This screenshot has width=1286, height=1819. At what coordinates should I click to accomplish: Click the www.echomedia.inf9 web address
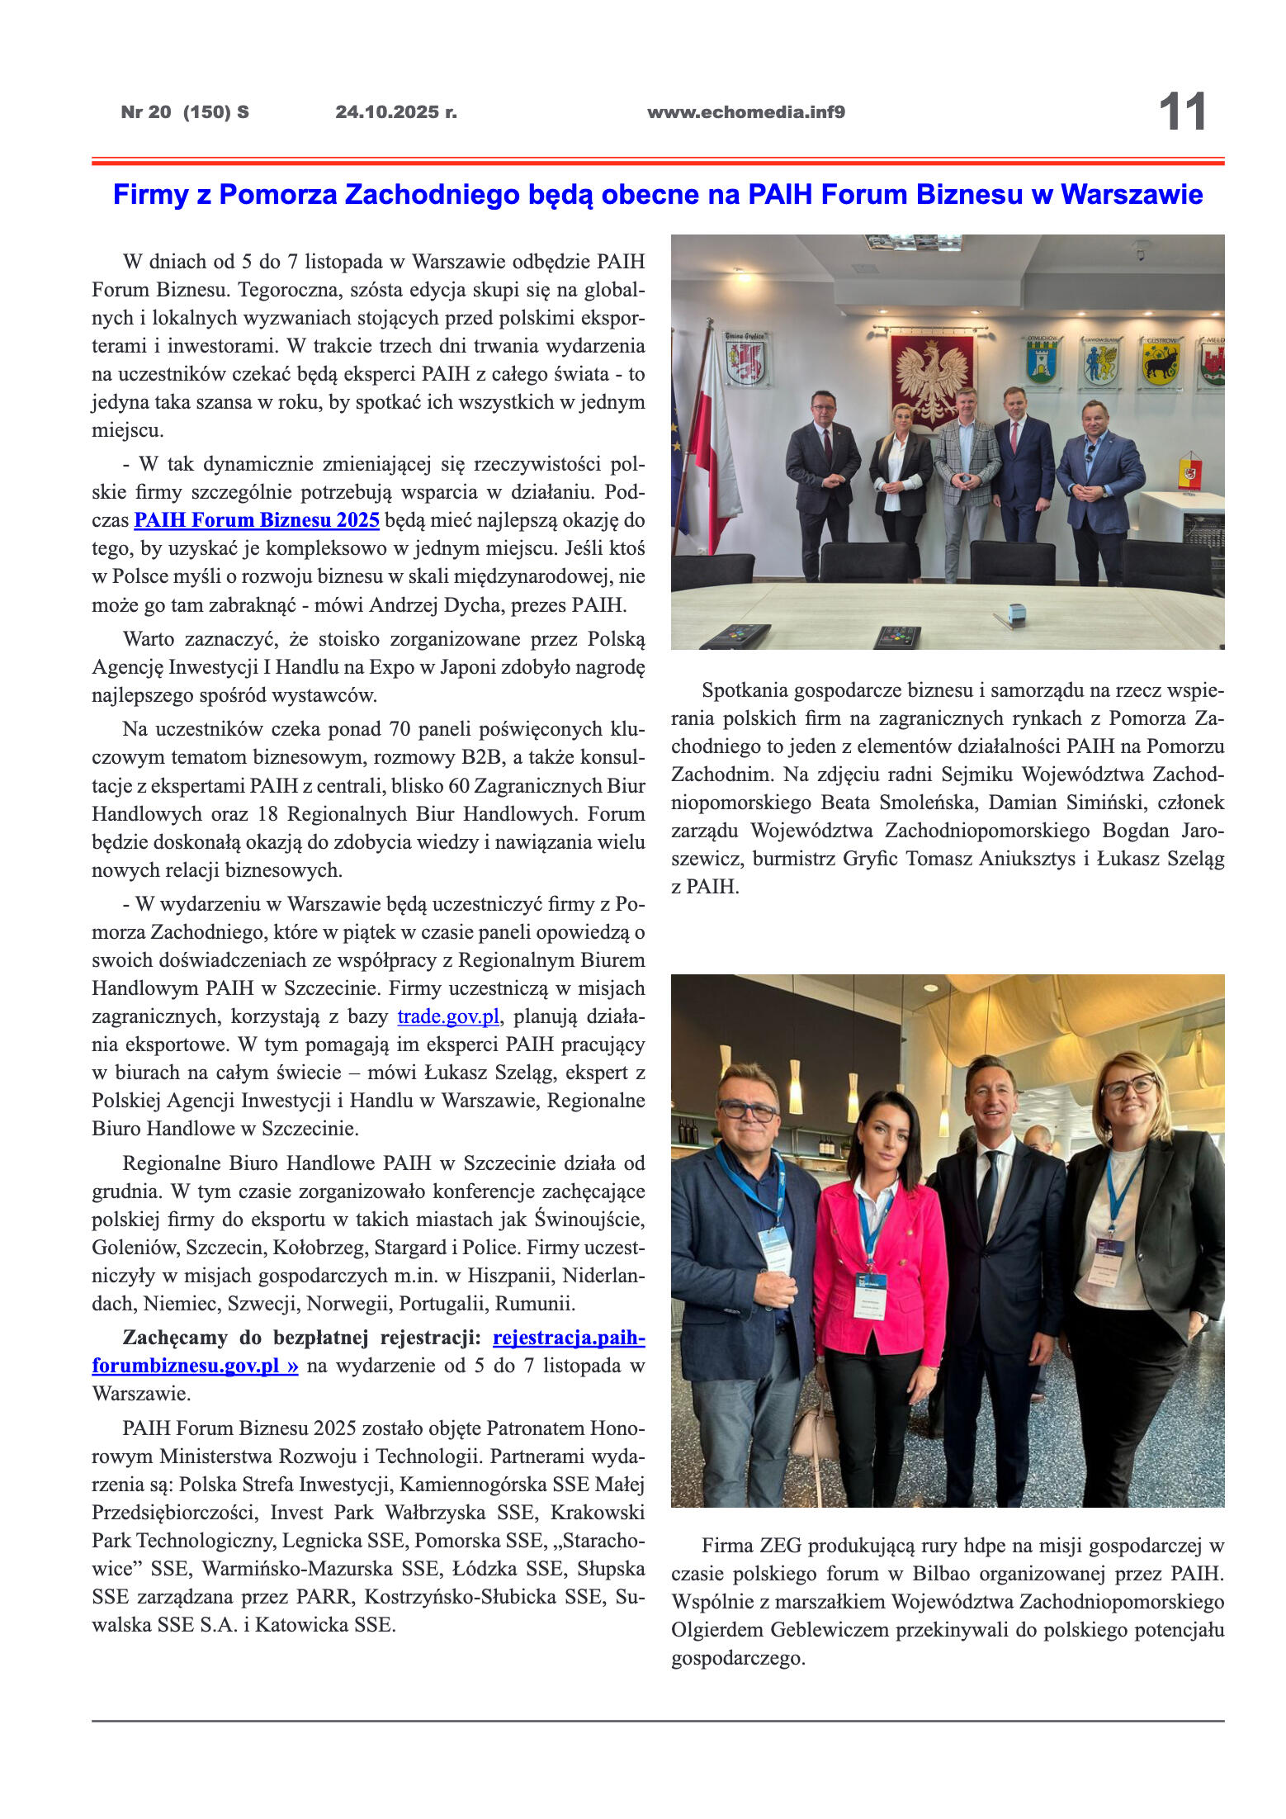[x=745, y=112]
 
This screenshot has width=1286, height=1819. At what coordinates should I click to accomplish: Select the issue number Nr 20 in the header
[x=146, y=112]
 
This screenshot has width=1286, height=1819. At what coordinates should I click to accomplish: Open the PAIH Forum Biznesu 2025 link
[x=256, y=520]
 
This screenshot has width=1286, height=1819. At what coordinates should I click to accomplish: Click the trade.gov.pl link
[x=448, y=1016]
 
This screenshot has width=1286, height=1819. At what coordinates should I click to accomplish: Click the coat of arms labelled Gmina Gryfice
[x=745, y=358]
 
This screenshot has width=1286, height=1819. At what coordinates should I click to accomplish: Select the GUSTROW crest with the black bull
[x=1161, y=361]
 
